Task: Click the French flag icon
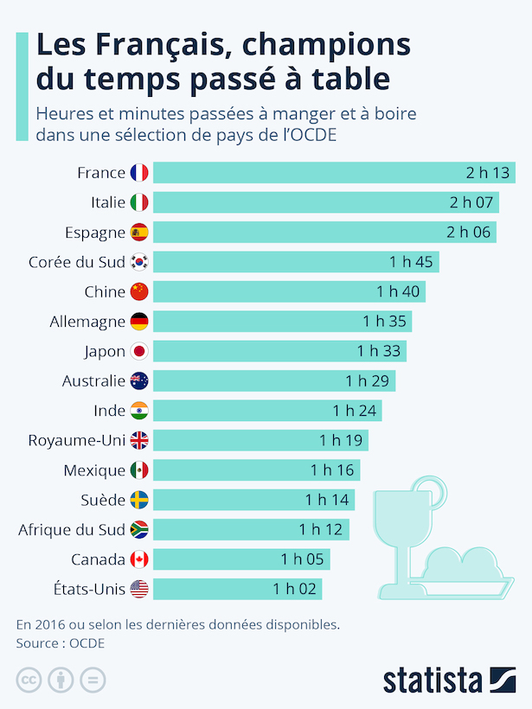tap(139, 173)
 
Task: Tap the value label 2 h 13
tap(487, 173)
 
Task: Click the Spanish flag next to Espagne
tap(139, 232)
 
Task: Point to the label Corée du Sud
tap(77, 262)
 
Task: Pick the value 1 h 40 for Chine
tap(398, 291)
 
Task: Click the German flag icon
tap(139, 322)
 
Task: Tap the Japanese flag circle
tap(139, 351)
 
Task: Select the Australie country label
tap(93, 380)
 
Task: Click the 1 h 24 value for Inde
tap(355, 411)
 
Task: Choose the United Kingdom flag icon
tap(139, 440)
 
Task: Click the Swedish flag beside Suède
tap(139, 500)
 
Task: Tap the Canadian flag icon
tap(139, 559)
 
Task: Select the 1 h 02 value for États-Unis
tap(295, 589)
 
